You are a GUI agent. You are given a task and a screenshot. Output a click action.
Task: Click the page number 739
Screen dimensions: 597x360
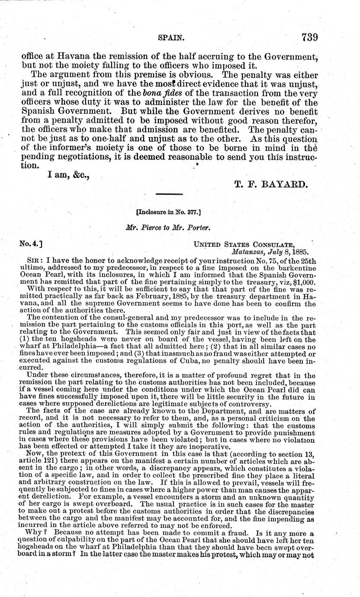click(304, 37)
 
